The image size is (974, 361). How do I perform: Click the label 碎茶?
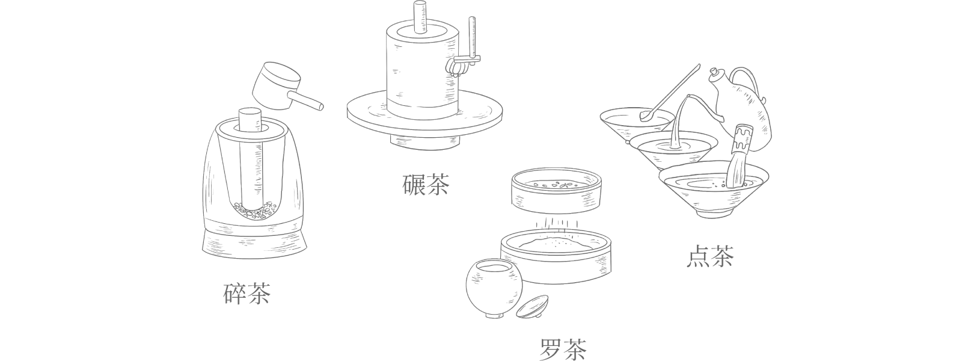(x=247, y=294)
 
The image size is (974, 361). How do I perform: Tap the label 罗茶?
(x=563, y=348)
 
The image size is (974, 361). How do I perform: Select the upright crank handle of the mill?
(x=472, y=39)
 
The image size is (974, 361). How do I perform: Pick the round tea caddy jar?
(x=493, y=289)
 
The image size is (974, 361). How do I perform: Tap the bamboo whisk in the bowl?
(x=739, y=156)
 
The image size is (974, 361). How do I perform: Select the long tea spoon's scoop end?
(x=645, y=116)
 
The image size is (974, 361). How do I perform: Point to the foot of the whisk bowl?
(x=714, y=214)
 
